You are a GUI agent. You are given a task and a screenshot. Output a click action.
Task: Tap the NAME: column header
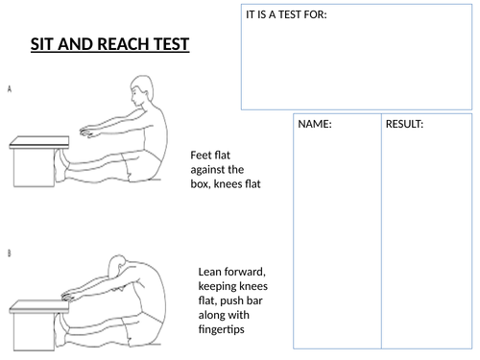click(315, 124)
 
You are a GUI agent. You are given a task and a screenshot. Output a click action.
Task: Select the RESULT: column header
click(404, 124)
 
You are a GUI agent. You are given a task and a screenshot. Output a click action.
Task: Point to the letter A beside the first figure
click(10, 89)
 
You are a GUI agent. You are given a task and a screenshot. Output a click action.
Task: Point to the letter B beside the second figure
click(9, 253)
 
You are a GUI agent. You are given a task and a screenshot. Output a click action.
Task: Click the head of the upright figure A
click(141, 90)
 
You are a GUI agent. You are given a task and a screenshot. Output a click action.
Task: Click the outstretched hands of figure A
click(87, 132)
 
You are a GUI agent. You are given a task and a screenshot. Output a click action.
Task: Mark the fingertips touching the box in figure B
click(68, 297)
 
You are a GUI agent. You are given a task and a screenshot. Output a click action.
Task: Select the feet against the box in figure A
click(60, 166)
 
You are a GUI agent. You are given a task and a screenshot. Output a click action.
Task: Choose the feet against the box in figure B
click(60, 329)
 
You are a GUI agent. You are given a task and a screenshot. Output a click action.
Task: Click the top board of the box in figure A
click(39, 142)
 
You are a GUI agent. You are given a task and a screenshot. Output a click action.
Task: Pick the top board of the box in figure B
click(39, 306)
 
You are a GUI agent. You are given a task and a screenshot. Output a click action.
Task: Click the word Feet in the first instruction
click(201, 156)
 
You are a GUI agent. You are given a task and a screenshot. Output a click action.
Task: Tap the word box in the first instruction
click(201, 184)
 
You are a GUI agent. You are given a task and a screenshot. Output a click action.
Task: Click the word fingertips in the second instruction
click(221, 329)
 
